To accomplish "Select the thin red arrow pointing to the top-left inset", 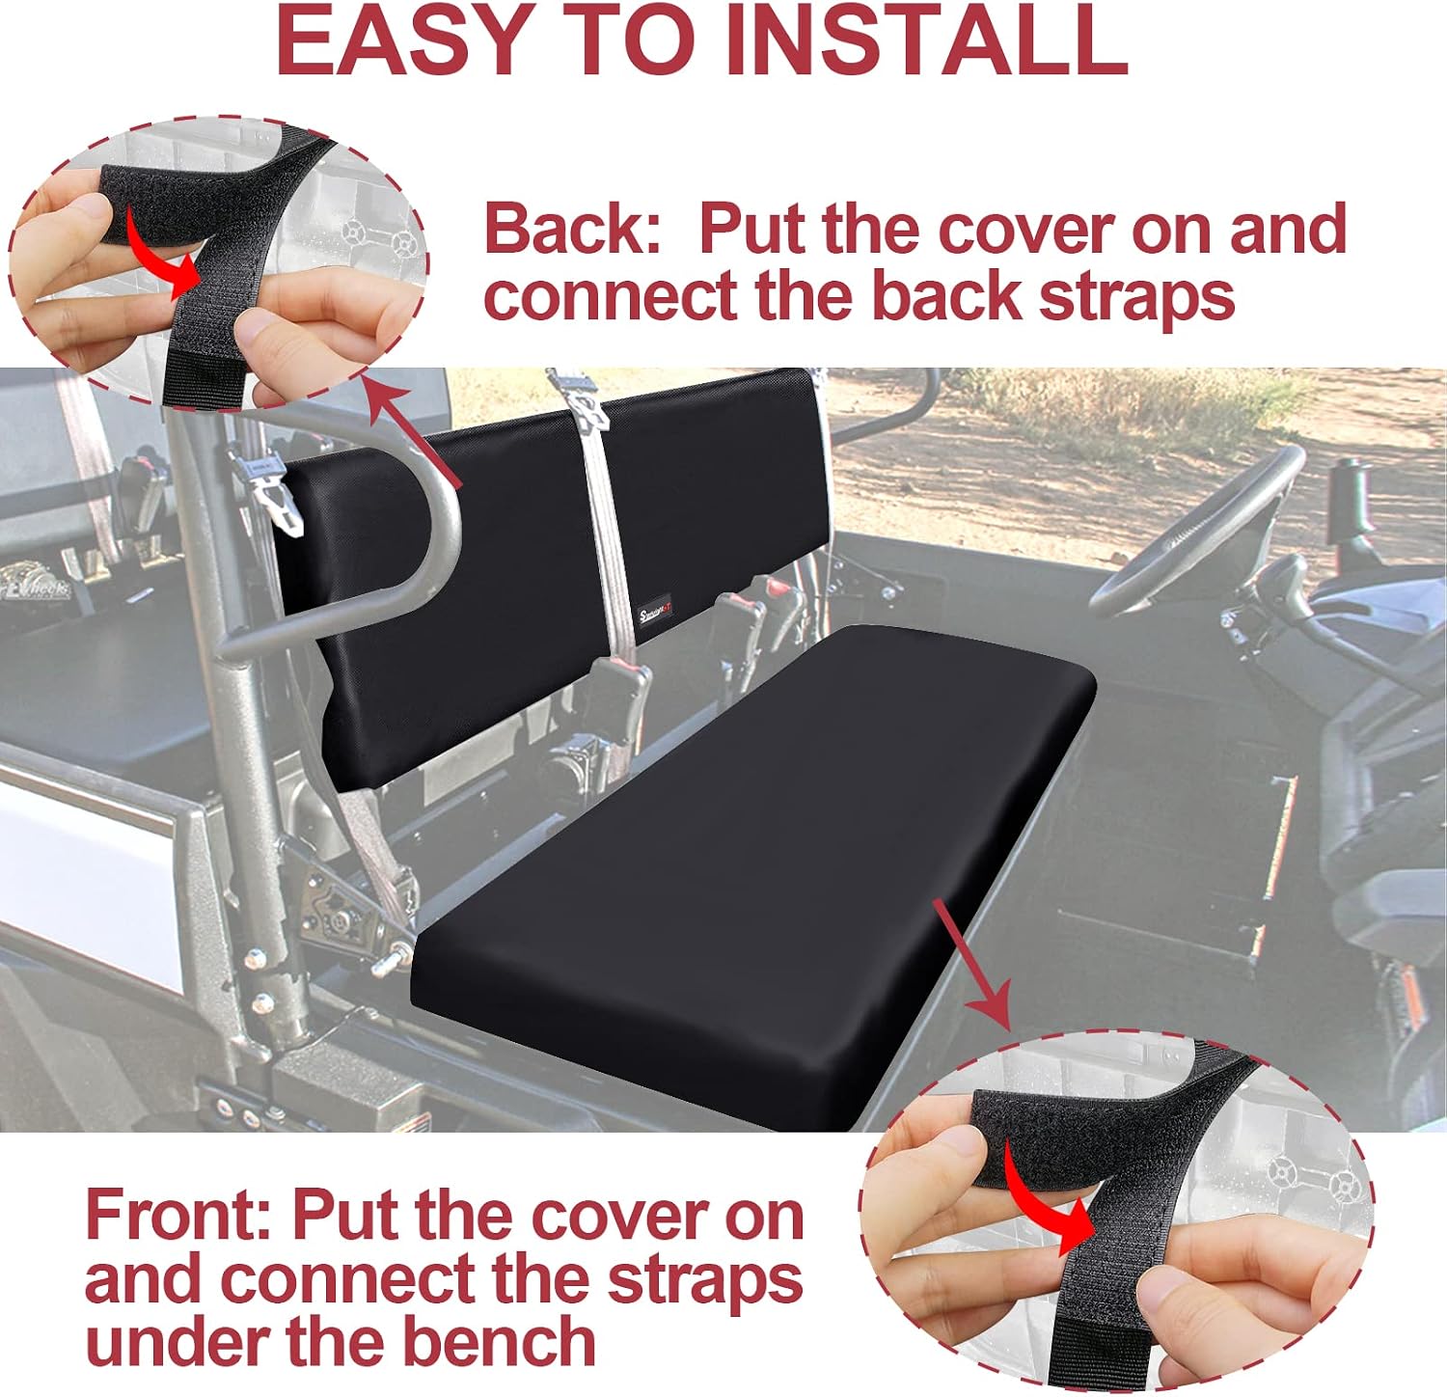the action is coord(415,434).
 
